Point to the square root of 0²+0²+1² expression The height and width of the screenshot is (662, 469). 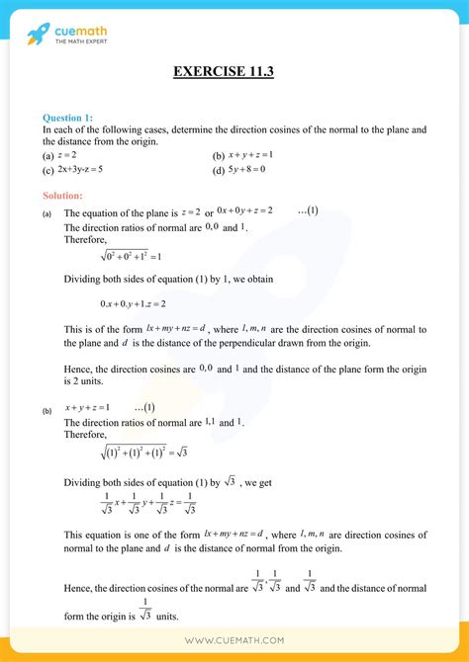click(x=111, y=256)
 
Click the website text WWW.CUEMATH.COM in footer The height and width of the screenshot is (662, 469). click(x=234, y=641)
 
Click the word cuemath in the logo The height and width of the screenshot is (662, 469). click(x=83, y=32)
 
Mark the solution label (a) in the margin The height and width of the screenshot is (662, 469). click(x=47, y=213)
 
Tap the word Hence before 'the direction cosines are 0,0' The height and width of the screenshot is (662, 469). click(x=78, y=369)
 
